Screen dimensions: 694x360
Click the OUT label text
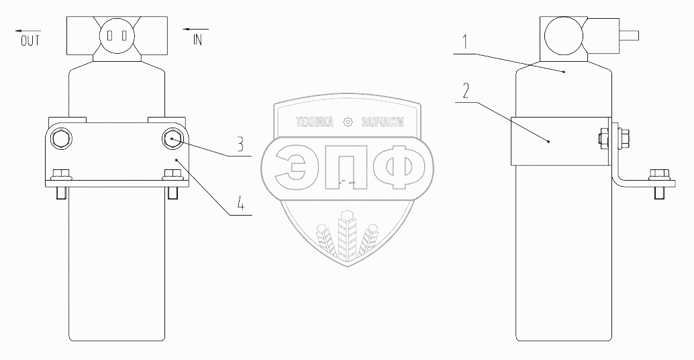coord(30,41)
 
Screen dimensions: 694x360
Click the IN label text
coord(197,40)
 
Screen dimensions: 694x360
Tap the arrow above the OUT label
coord(30,30)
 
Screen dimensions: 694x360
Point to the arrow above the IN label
coord(196,30)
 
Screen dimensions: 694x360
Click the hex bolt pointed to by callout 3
coord(171,138)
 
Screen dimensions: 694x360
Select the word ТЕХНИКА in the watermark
coord(315,122)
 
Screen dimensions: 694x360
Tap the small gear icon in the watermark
coord(347,122)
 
